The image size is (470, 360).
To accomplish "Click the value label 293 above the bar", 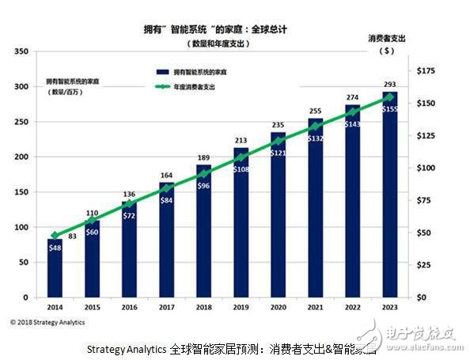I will [x=389, y=85].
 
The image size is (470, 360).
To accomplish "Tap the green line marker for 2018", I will [x=203, y=173].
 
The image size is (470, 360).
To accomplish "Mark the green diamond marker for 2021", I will [x=315, y=126].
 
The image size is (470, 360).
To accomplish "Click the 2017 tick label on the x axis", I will [x=166, y=305].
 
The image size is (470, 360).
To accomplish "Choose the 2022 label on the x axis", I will [x=352, y=305].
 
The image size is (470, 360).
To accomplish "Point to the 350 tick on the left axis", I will [x=21, y=51].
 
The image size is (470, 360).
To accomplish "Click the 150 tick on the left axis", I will [x=21, y=192].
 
